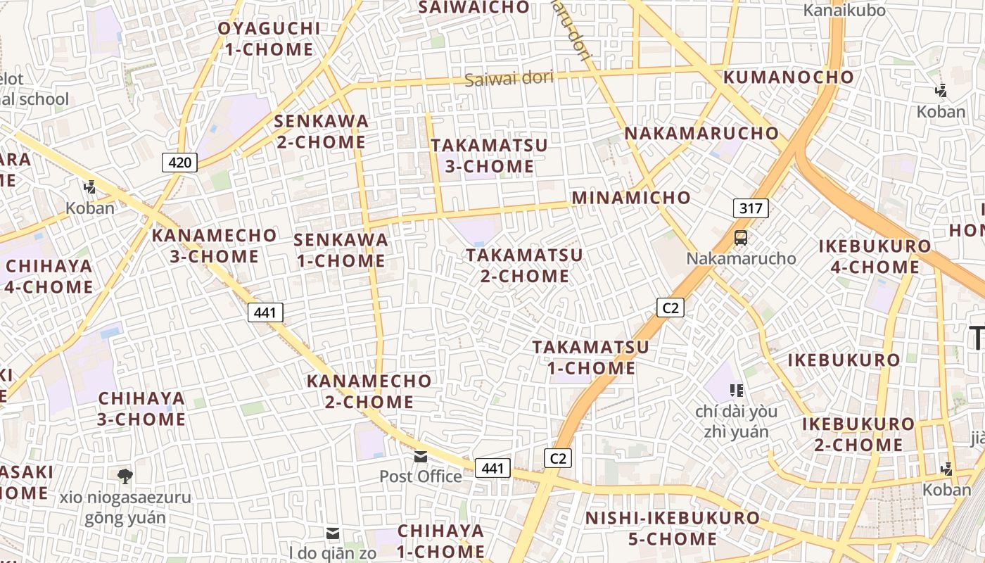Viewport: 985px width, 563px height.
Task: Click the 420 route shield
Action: point(180,163)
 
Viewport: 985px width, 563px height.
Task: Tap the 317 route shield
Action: point(751,208)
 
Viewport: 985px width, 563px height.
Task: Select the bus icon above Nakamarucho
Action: point(741,238)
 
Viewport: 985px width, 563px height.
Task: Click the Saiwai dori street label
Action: point(509,78)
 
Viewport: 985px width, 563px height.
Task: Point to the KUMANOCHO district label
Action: point(789,77)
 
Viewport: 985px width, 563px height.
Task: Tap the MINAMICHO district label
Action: point(631,198)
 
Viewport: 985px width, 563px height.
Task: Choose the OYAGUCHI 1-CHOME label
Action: point(269,39)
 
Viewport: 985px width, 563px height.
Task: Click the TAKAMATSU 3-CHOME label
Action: point(489,156)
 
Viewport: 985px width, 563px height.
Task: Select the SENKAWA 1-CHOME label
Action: point(341,250)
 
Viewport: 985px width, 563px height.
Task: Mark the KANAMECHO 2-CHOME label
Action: point(369,391)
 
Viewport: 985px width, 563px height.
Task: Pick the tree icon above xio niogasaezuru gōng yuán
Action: point(125,476)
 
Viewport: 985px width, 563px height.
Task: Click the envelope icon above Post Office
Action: point(421,457)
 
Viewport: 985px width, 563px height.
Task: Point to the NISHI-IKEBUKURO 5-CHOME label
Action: point(673,529)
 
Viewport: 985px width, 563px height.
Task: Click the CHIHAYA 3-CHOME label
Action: point(141,408)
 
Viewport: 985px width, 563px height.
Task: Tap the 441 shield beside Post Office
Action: point(493,467)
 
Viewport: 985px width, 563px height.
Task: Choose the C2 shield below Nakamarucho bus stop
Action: point(671,308)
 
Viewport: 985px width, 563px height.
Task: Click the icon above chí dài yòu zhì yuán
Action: point(737,389)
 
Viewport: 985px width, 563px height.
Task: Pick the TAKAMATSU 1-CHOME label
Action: point(590,358)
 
